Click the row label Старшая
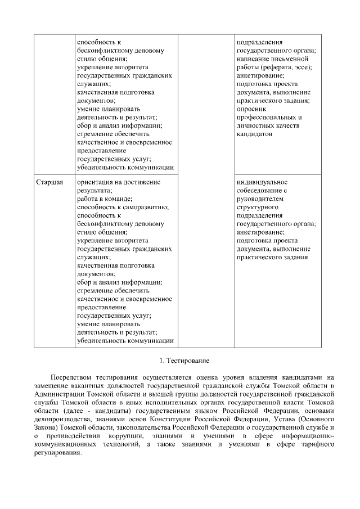[x=49, y=182]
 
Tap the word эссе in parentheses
[x=303, y=67]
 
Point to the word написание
[x=257, y=58]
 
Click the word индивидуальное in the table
[x=262, y=182]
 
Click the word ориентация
[x=96, y=182]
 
